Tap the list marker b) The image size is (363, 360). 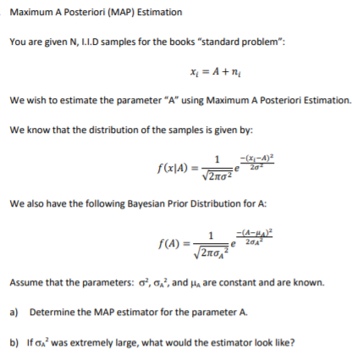[14, 343]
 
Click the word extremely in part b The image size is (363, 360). [86, 343]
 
